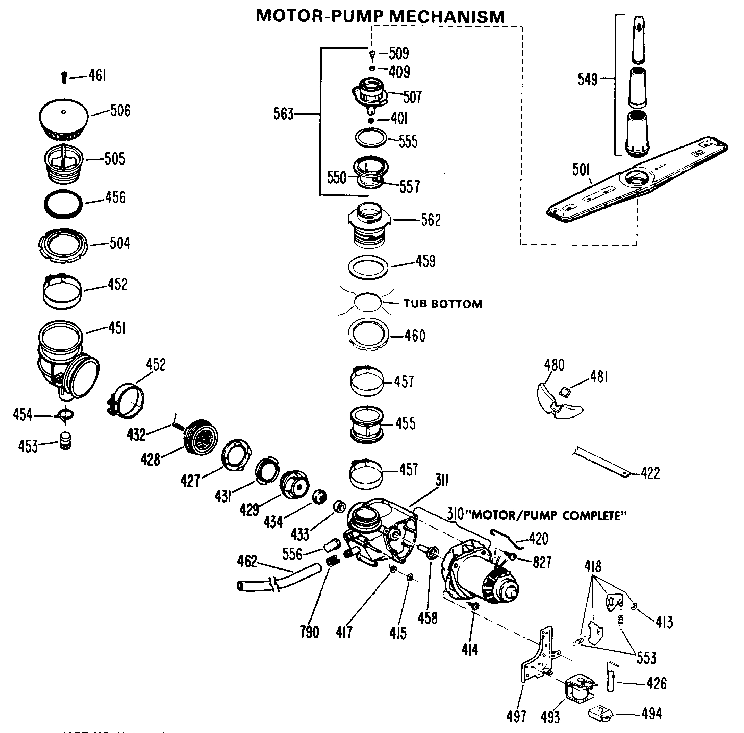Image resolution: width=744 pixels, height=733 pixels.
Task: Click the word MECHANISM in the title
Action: pyautogui.click(x=447, y=17)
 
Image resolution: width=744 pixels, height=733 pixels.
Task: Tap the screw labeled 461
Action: pyautogui.click(x=64, y=78)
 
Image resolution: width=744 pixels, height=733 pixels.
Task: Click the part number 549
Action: pyautogui.click(x=587, y=79)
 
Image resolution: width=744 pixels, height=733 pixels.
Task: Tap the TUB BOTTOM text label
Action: pyautogui.click(x=443, y=304)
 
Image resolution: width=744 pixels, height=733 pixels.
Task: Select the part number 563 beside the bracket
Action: pyautogui.click(x=283, y=114)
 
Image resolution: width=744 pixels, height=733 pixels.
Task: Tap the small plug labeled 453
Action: pyautogui.click(x=66, y=441)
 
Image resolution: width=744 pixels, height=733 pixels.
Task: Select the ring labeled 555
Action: pyautogui.click(x=371, y=138)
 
